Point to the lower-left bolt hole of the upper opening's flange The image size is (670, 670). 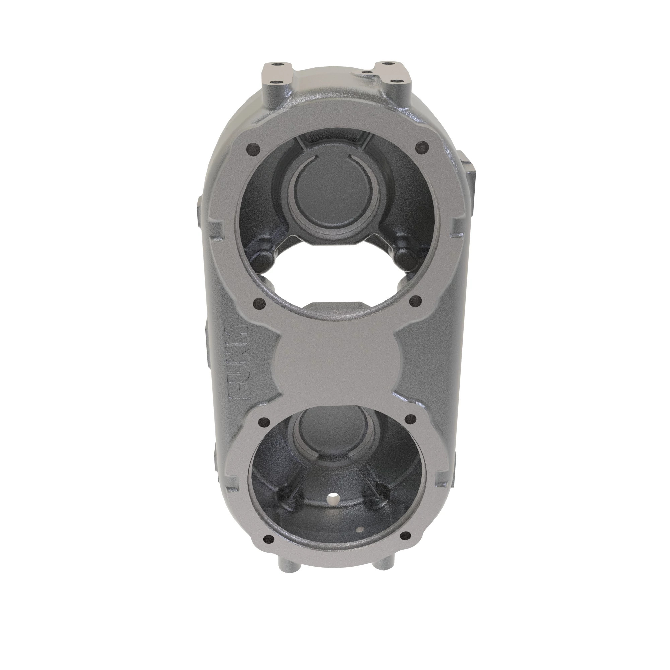coord(259,304)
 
